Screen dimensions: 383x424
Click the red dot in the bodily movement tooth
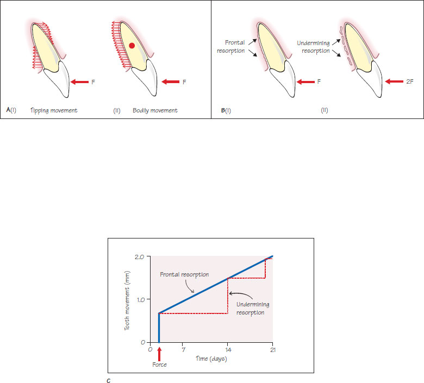[x=132, y=46]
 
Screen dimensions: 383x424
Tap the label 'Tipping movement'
[x=54, y=110]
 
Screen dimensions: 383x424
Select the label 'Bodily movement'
[x=155, y=110]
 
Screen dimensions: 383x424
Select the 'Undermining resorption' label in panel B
[x=315, y=46]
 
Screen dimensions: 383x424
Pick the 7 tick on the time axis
[x=184, y=350]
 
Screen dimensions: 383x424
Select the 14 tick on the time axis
[x=228, y=350]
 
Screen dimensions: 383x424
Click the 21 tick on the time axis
[x=272, y=350]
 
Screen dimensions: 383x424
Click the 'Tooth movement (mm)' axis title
[x=128, y=299]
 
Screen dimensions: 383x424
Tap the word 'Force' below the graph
[x=159, y=365]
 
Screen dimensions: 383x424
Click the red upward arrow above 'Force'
[x=159, y=354]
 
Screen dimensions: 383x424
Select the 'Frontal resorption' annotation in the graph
[x=184, y=275]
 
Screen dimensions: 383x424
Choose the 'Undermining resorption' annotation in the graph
[x=250, y=309]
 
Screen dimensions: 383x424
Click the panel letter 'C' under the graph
[x=109, y=379]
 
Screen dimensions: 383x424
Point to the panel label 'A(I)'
[x=11, y=110]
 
